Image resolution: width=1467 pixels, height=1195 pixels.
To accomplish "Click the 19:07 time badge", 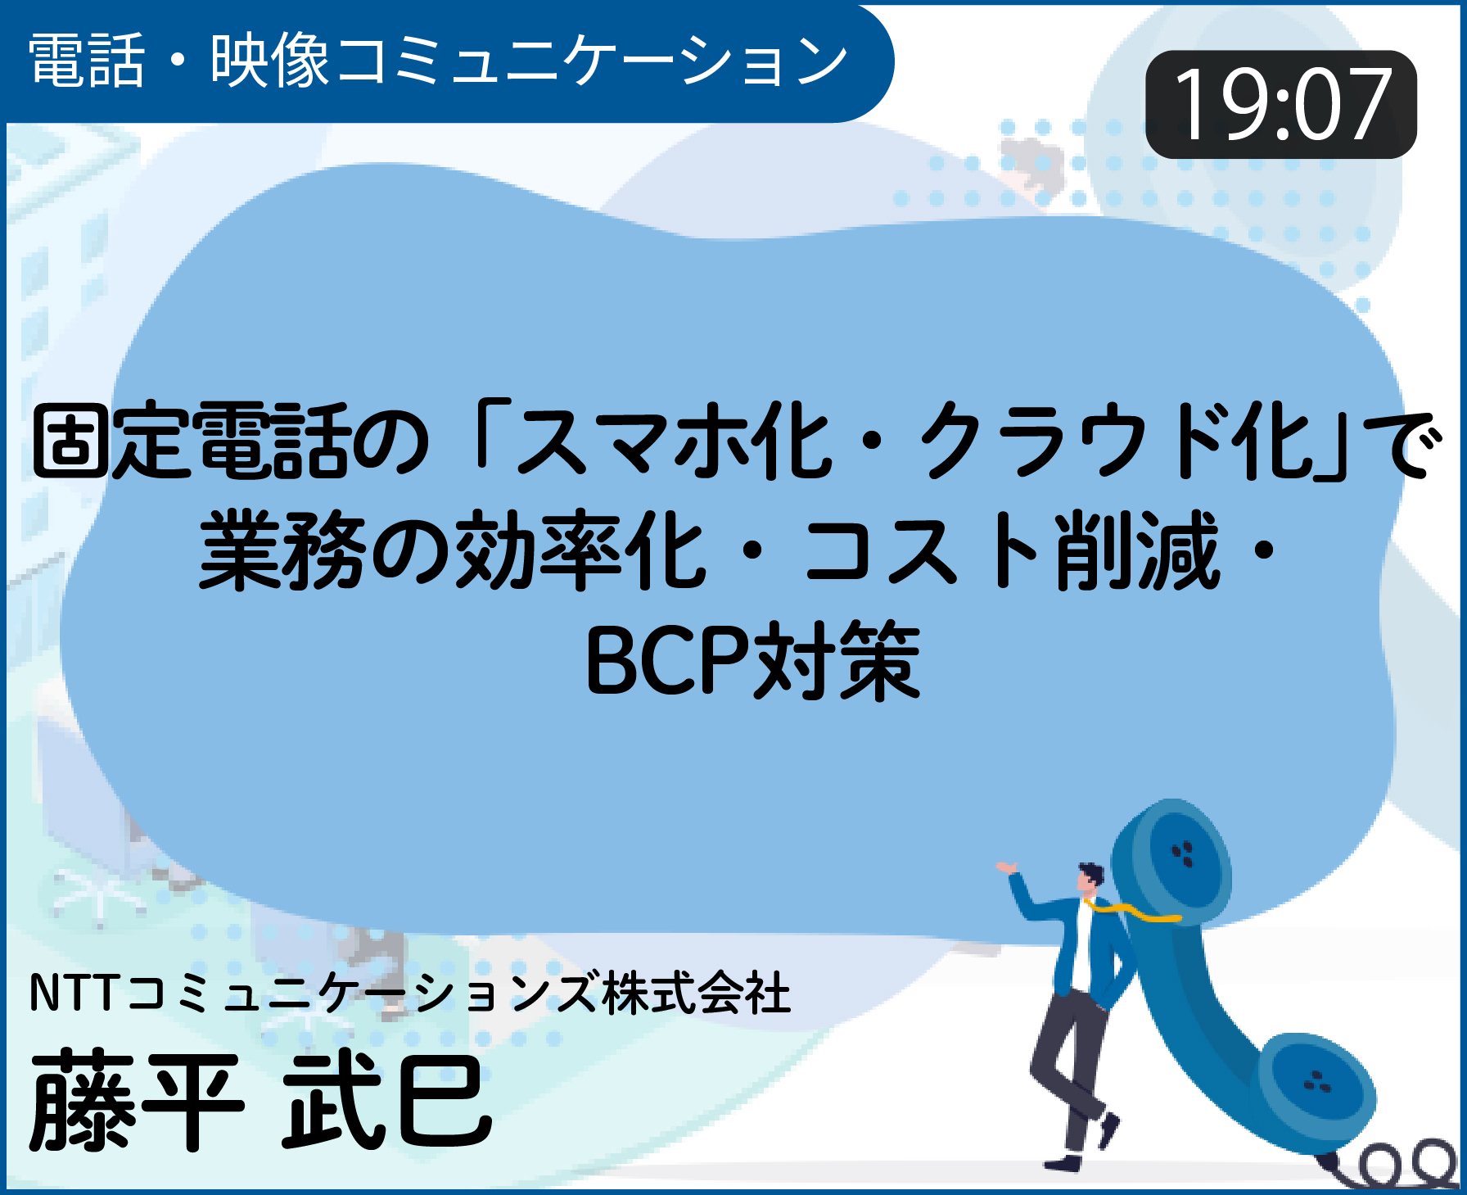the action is (x=1280, y=104).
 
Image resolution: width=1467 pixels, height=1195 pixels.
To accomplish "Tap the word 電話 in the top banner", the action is (x=87, y=61).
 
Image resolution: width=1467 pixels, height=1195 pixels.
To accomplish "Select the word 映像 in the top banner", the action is (x=270, y=61).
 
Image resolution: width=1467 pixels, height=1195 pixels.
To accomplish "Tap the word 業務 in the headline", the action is (x=282, y=550).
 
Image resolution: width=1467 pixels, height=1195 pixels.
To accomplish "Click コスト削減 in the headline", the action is (x=1012, y=550).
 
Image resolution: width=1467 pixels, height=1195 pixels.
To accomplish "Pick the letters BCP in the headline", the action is (x=668, y=660).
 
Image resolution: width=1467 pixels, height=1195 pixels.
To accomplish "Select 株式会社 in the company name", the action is (x=697, y=993).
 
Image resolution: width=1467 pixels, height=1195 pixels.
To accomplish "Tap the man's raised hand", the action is (x=1006, y=867).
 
